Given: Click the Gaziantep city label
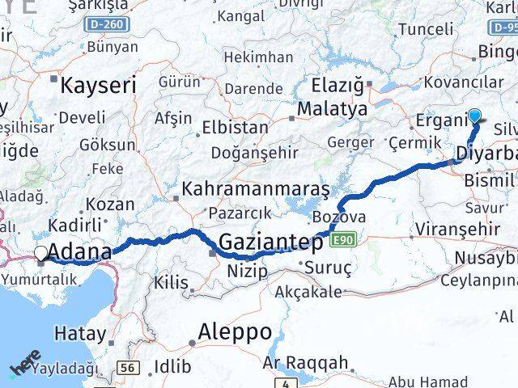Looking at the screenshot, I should tap(272, 242).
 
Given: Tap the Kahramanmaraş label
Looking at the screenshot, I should tap(256, 190).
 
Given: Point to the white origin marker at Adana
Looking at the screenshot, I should tap(41, 254).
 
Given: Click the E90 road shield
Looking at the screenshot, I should tap(343, 239).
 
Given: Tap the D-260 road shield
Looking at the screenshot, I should tap(108, 24).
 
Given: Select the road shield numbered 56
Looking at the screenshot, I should tap(126, 368).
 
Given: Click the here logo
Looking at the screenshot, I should tap(26, 364).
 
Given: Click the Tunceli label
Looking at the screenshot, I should tap(426, 29).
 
